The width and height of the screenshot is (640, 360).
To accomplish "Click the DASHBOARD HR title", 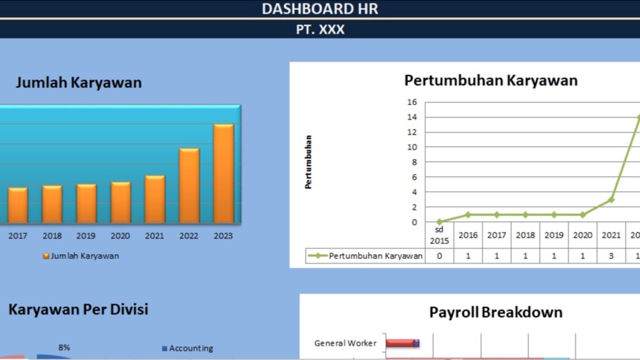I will [319, 9].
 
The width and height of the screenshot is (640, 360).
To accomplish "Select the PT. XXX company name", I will [319, 29].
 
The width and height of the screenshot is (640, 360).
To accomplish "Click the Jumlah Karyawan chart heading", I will [79, 82].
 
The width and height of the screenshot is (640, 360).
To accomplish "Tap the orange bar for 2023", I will [223, 174].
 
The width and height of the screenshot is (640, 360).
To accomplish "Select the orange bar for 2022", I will [189, 186].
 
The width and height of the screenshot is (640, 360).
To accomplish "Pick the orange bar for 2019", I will [86, 204].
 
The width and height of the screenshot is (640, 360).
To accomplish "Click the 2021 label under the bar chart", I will [155, 235].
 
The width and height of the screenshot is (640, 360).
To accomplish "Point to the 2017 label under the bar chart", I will [17, 235].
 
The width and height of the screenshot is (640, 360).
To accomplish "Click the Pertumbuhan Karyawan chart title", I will [490, 80].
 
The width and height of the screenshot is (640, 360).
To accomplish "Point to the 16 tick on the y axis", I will [412, 102].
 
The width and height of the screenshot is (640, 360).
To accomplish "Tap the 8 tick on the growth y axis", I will [414, 162].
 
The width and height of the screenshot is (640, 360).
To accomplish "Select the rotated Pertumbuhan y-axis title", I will [309, 162].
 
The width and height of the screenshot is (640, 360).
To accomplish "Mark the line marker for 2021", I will [611, 200].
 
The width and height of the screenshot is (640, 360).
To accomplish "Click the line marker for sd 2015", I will [440, 222].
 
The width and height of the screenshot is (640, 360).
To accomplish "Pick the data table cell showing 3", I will [611, 256].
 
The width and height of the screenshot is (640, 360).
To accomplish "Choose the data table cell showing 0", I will [440, 256].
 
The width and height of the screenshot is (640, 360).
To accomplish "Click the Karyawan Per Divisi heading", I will [78, 309].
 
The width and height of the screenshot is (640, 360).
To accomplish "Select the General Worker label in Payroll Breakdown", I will [345, 344].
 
